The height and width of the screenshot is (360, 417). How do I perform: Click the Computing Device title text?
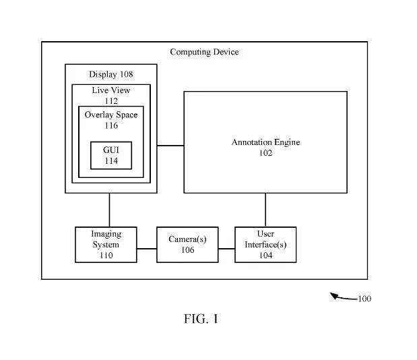(204, 52)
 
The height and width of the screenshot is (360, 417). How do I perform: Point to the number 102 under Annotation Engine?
(265, 153)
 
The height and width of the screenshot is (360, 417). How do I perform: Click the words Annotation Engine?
(265, 142)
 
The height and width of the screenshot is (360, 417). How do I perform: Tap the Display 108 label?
(111, 74)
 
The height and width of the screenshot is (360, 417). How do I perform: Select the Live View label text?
(111, 90)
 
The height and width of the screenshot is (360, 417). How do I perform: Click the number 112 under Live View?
(111, 101)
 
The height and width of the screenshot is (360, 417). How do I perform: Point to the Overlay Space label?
(111, 115)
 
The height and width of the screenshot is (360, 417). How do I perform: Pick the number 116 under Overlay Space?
(111, 125)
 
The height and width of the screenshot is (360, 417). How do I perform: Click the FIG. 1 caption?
(201, 318)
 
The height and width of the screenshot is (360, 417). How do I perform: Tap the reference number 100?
(364, 299)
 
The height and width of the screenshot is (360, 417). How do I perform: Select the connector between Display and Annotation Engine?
(170, 146)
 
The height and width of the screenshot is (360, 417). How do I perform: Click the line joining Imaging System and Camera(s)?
(147, 249)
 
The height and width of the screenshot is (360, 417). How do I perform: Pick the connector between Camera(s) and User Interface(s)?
(226, 249)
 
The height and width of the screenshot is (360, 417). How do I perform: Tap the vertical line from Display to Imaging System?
(109, 210)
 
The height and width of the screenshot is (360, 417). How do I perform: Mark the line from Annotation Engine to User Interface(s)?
(265, 210)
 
